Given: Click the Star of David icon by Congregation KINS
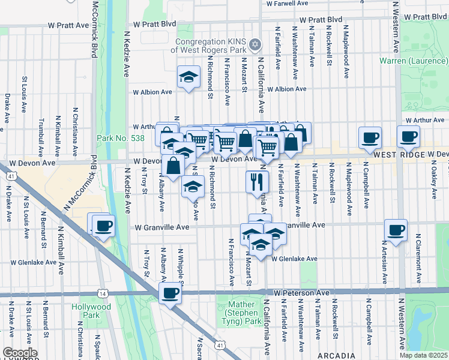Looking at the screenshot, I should point(255,45).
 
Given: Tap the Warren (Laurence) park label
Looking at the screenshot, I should point(414,61).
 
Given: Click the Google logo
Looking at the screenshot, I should point(19,353).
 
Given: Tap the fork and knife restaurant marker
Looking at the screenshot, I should point(258,181).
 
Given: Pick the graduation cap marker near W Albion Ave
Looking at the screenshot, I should point(188,77).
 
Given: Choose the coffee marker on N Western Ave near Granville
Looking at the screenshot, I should point(396,230).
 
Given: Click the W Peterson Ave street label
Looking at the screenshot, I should point(301,292).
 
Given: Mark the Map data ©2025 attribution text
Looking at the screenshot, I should point(423,355).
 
